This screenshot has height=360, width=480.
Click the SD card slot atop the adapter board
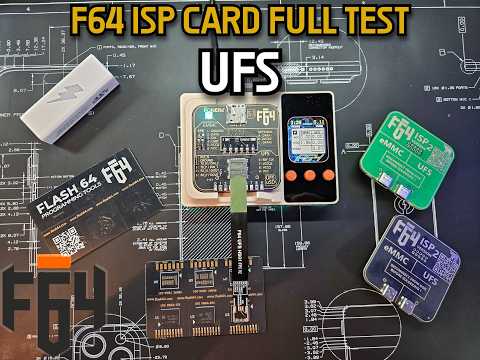tap(237, 109)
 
